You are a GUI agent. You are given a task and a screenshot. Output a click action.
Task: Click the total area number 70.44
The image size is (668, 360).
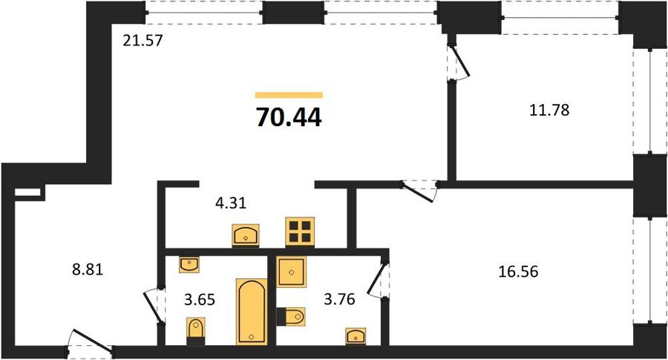pos(289,117)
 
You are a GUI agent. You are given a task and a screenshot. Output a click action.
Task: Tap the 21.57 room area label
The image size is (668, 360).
pos(143,41)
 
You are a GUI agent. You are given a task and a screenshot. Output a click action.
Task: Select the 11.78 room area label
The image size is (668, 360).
pos(549,110)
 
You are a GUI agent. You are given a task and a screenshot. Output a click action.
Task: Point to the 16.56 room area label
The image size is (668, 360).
pos(519,271)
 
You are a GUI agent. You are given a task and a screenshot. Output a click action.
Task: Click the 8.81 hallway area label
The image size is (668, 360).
pos(88,269)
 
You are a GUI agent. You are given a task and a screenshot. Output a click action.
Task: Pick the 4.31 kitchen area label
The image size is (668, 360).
pos(231,203)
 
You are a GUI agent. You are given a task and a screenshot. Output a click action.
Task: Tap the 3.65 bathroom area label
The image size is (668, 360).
pos(200,299)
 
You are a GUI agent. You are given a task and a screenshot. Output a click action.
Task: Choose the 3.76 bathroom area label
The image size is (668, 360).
pos(339,299)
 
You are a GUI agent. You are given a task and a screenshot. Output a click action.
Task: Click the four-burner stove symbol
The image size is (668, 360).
pos(300,232)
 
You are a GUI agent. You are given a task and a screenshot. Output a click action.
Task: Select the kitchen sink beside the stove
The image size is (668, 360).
pos(246,235)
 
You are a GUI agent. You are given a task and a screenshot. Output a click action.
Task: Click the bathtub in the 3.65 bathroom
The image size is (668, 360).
pos(252,312)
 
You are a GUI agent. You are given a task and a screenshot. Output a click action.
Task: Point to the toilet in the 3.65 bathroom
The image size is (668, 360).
pos(195,331)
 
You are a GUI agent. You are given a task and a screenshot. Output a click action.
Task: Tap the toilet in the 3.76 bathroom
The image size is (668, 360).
pos(291,316)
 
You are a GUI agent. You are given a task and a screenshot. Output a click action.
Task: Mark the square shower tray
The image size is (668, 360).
pos(292,272)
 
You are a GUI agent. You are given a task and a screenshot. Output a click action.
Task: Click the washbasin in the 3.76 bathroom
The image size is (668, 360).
pos(356,336)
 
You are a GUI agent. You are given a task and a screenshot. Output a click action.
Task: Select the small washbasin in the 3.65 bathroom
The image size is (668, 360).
pos(189,264)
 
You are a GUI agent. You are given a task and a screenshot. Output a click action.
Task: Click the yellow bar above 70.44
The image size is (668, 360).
pos(289,95)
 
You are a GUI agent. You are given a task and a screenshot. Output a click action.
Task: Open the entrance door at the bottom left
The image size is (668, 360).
pos(91,341)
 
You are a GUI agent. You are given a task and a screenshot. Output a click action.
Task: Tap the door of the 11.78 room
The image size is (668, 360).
pos(459,59)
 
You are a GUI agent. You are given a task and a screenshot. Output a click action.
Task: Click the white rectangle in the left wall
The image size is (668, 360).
pos(27,192)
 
